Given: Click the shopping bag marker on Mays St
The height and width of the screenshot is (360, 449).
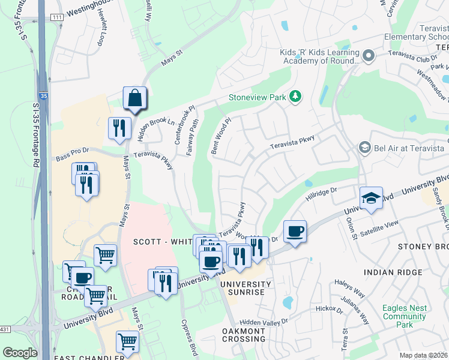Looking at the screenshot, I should (134, 98).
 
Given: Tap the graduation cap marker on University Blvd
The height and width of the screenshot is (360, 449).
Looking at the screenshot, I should (372, 199).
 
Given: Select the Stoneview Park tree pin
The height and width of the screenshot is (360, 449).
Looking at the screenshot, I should (295, 97).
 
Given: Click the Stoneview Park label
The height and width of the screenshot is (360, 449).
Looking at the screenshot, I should (256, 97).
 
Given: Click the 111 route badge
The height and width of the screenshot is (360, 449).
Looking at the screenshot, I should (56, 17).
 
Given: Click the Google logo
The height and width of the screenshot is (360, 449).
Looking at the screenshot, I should (20, 353).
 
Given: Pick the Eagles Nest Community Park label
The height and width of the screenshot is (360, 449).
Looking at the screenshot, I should (404, 316).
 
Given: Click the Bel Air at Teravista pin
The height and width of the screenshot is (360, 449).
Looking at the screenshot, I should (364, 147).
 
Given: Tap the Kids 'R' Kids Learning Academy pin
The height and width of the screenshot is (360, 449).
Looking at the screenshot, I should (369, 56).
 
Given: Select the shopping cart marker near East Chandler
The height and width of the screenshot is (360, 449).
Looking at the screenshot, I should (127, 341).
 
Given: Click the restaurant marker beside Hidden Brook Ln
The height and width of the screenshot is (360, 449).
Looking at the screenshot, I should (119, 128).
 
